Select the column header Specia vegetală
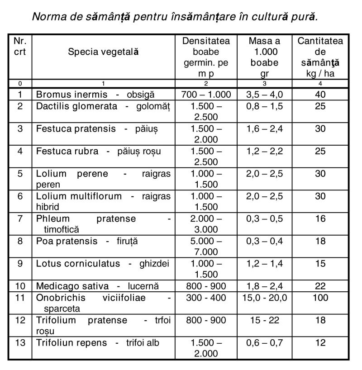pyautogui.click(x=103, y=52)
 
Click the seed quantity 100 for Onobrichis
pyautogui.click(x=320, y=298)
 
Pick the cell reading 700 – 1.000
pyautogui.click(x=206, y=95)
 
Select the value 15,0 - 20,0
pyautogui.click(x=264, y=298)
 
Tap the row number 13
pyautogui.click(x=20, y=343)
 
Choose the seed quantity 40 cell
pyautogui.click(x=320, y=95)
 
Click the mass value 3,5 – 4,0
pyautogui.click(x=264, y=95)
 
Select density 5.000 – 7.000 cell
pyautogui.click(x=206, y=247)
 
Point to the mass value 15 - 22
pyautogui.click(x=264, y=320)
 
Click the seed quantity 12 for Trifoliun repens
pyautogui.click(x=320, y=343)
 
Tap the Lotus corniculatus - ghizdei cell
pyautogui.click(x=103, y=264)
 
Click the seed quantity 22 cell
pyautogui.click(x=320, y=286)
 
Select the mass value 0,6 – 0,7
pyautogui.click(x=264, y=343)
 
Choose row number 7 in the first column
pyautogui.click(x=20, y=219)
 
